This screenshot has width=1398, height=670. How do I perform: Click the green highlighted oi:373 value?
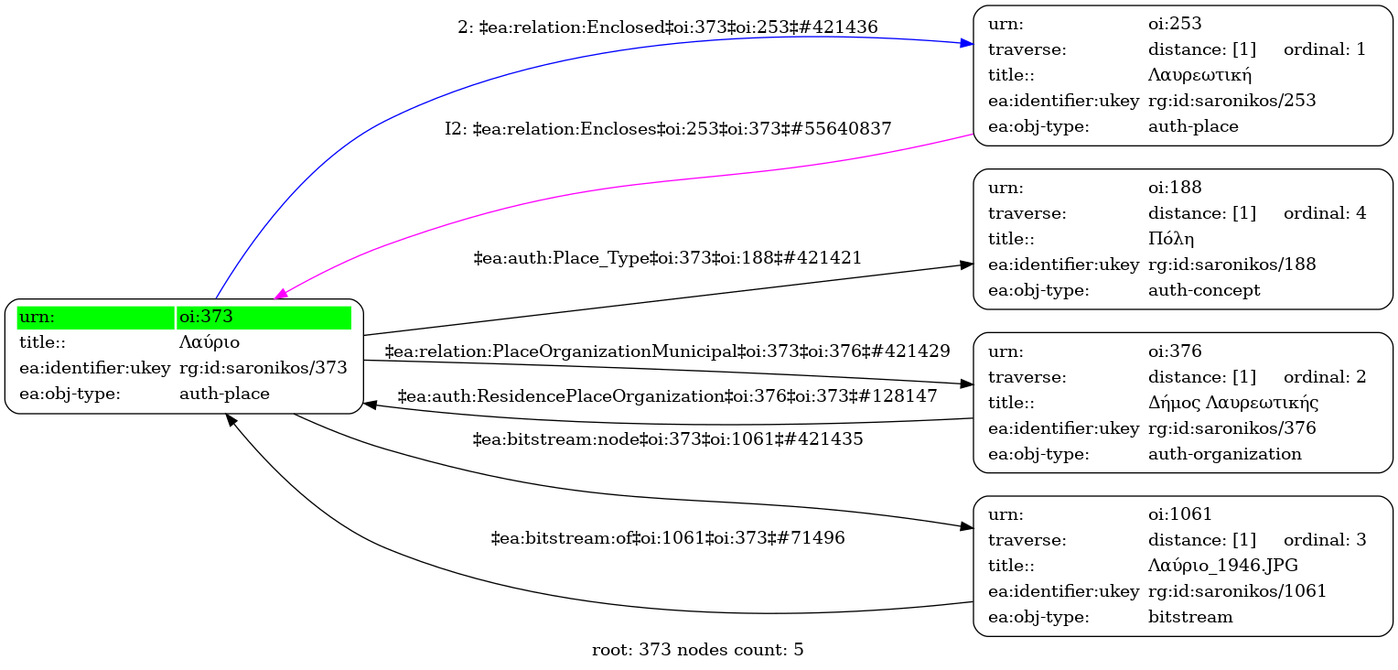263,318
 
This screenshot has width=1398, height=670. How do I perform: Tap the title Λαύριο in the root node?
210,343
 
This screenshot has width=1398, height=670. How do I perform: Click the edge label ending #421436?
668,27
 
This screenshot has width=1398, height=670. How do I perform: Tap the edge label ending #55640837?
668,129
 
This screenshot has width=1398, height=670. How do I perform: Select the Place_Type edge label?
667,258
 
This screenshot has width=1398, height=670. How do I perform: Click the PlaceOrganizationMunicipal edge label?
667,351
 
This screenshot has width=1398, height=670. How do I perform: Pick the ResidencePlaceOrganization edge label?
667,396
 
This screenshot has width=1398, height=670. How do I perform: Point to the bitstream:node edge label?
667,439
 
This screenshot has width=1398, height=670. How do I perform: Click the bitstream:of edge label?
667,538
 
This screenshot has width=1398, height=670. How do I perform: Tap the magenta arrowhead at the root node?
281,295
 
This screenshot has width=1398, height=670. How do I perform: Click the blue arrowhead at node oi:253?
966,43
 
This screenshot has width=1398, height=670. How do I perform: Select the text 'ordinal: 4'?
1324,213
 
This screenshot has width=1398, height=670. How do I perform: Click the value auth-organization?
1224,454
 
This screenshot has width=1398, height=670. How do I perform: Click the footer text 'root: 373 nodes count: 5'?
698,651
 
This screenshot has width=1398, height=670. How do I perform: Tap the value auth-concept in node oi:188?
1204,290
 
